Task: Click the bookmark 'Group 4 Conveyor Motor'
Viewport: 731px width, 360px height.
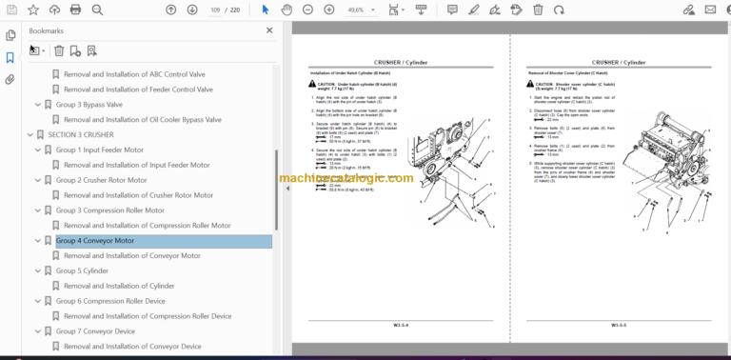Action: point(94,241)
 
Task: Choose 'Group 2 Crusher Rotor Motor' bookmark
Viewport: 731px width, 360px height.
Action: point(101,180)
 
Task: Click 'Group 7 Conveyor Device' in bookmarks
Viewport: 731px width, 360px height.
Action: point(95,331)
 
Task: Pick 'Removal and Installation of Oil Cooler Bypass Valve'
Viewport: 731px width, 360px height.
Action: point(143,120)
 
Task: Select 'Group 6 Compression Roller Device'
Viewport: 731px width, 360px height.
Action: point(110,301)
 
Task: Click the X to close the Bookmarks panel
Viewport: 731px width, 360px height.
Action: point(269,30)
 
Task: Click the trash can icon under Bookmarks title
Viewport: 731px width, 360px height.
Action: point(59,50)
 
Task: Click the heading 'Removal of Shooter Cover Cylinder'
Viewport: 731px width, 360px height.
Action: point(568,73)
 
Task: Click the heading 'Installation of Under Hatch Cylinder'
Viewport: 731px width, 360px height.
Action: point(350,73)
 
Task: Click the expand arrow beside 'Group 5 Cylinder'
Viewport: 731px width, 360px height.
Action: point(38,270)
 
